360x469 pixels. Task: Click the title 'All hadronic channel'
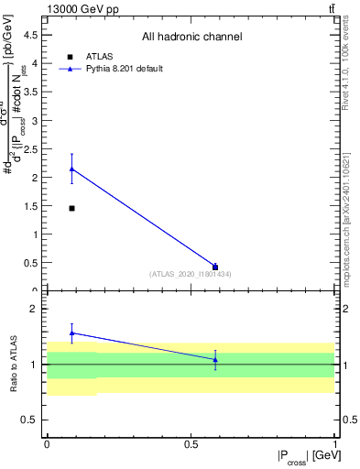(191, 38)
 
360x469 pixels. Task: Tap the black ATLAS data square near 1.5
(71, 208)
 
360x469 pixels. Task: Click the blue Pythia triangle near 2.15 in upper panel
(71, 169)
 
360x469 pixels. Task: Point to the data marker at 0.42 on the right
(215, 267)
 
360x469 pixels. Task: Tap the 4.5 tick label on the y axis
(32, 35)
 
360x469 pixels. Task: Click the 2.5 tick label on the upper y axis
(32, 148)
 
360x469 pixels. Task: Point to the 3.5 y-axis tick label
(32, 92)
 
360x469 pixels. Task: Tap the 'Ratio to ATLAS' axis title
(15, 365)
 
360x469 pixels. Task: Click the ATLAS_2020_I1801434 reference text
(191, 274)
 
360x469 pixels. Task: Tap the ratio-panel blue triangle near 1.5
(71, 333)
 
